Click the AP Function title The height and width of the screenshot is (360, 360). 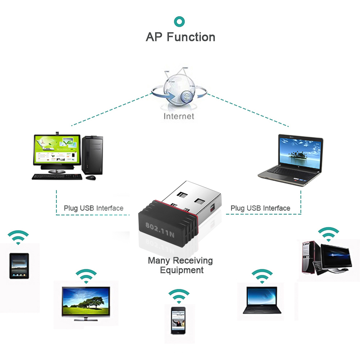point(180,37)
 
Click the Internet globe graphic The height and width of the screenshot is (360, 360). point(179,90)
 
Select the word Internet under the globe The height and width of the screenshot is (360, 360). point(179,116)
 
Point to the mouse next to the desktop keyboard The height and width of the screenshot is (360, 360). point(90,177)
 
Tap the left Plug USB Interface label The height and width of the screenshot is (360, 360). point(94,208)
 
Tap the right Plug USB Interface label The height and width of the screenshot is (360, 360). point(260,208)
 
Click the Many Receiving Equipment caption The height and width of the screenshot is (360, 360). point(180,265)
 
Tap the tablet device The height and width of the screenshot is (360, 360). point(19,266)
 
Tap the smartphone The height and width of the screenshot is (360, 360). point(178,320)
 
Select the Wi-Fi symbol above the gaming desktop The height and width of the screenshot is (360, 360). point(328,234)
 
